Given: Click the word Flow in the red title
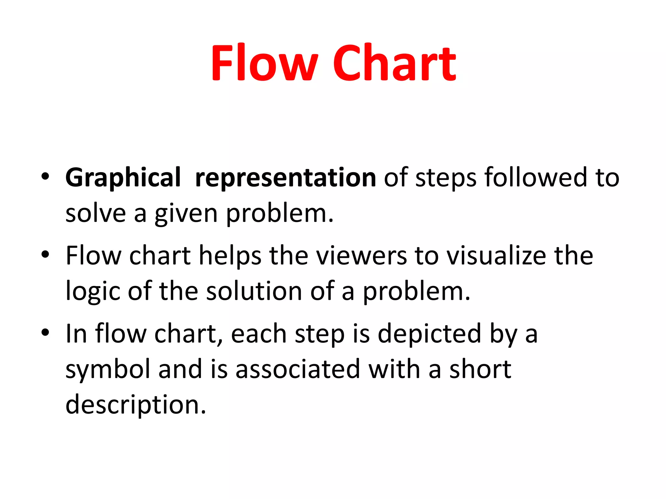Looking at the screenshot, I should click(264, 62).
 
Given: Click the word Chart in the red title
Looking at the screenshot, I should click(395, 62).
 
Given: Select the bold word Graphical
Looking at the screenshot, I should click(123, 178).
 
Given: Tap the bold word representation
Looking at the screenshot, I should click(286, 178).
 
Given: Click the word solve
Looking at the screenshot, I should click(96, 213).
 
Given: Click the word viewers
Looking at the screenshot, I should click(361, 255).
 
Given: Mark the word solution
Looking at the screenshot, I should click(254, 291).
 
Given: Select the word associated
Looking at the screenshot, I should click(298, 369).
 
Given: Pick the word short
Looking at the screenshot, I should click(480, 369).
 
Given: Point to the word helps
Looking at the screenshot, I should click(230, 256).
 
